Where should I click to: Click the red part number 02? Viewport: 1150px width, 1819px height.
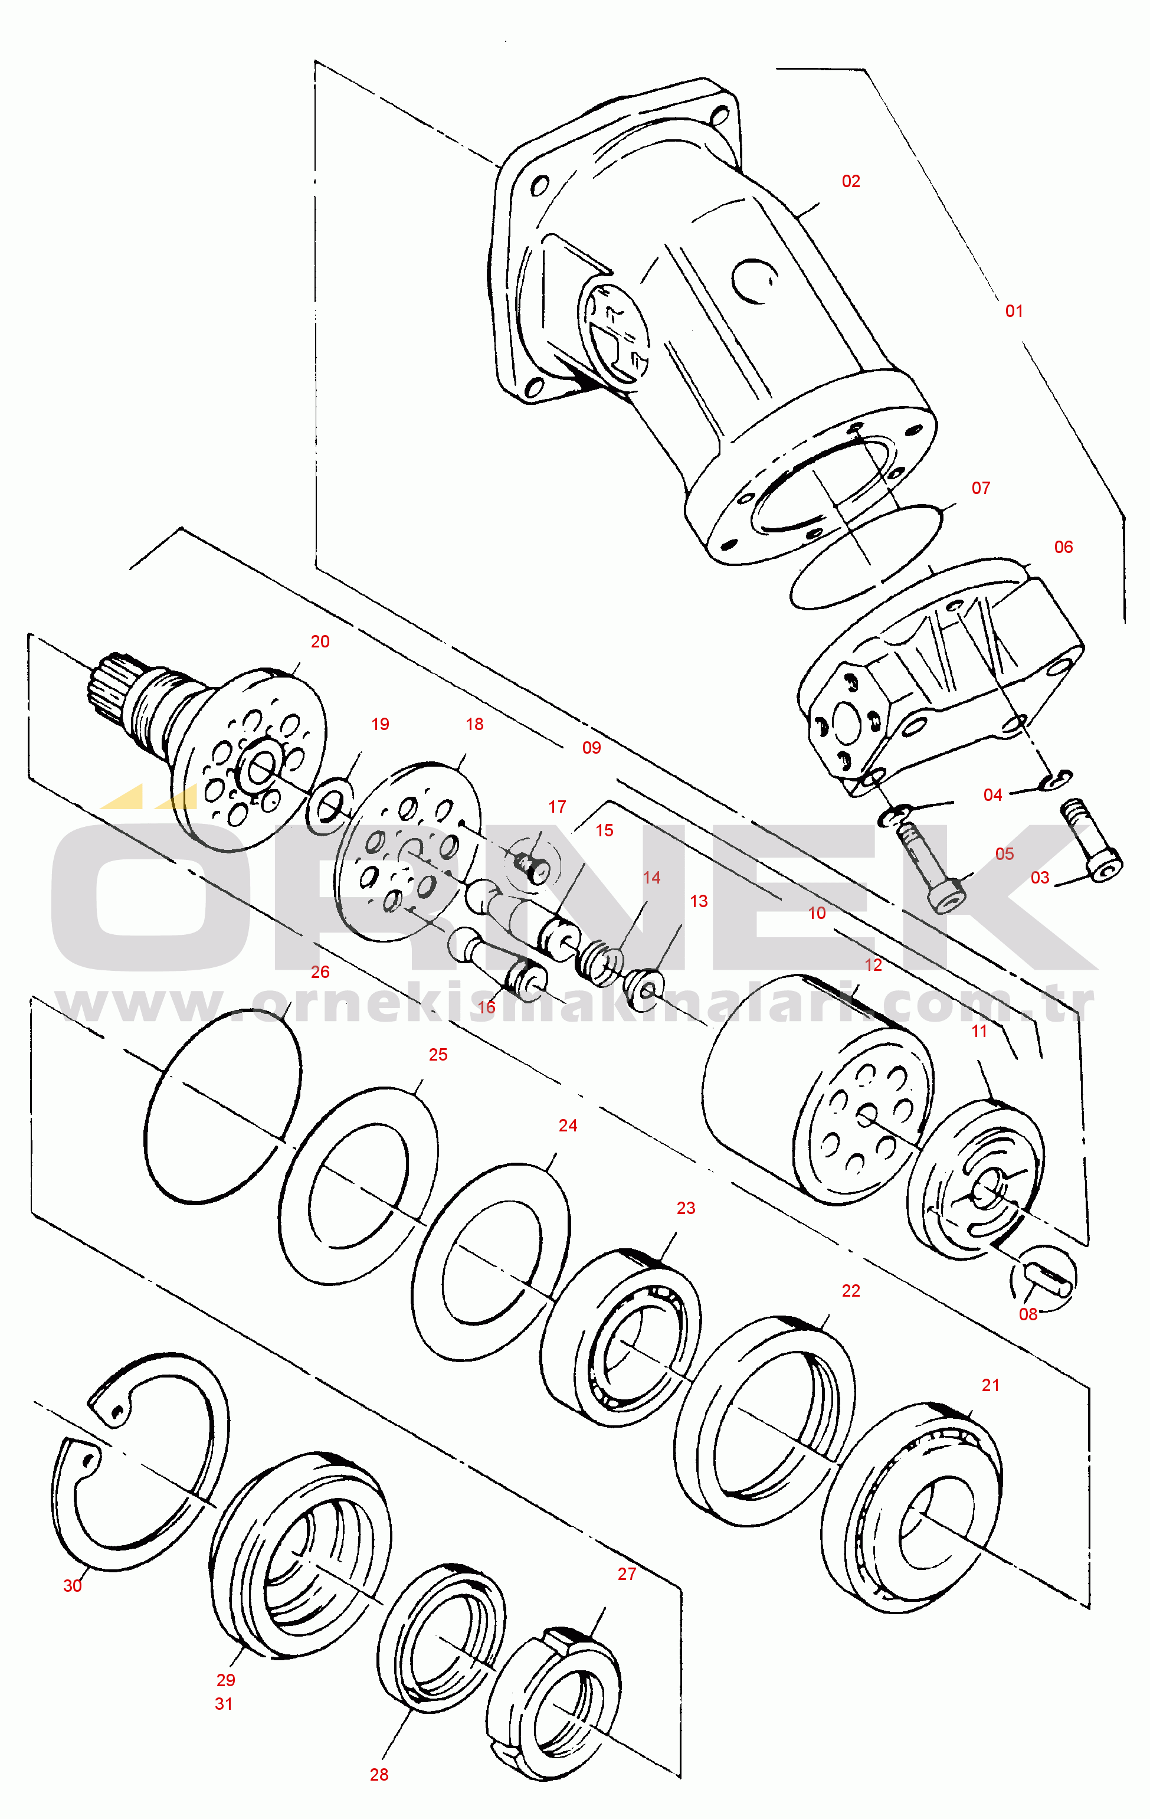(x=850, y=181)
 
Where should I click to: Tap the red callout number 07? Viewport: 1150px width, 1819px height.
(x=980, y=488)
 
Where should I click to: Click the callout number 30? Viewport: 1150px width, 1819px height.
(x=72, y=1586)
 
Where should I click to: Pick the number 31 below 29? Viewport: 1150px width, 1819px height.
(x=224, y=1703)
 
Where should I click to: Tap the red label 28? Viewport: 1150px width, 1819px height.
(x=378, y=1774)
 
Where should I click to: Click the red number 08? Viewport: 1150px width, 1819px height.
(x=1028, y=1314)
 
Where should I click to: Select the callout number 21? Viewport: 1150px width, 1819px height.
(x=990, y=1385)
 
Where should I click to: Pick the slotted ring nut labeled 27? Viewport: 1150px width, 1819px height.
(x=555, y=1703)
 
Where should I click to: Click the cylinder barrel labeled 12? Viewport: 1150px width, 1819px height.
(x=815, y=1088)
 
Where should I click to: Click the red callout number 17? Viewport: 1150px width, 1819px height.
(x=556, y=807)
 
